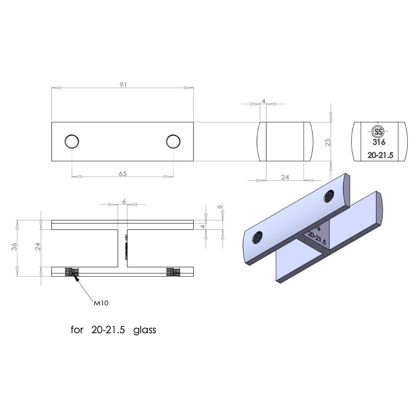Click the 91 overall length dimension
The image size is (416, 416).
123,84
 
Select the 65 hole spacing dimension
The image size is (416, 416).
123,174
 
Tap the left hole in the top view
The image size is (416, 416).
72,141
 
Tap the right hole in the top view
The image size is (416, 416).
173,141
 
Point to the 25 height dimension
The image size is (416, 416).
328,142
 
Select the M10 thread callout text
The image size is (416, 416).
101,303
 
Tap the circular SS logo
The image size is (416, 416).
379,131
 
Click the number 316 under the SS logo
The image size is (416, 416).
379,142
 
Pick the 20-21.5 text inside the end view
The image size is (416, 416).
380,155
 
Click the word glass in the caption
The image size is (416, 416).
145,330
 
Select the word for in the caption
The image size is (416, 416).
77,330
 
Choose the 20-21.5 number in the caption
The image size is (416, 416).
108,330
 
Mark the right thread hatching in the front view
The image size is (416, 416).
173,272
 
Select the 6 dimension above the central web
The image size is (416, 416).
124,201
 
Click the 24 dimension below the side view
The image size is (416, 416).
285,177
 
